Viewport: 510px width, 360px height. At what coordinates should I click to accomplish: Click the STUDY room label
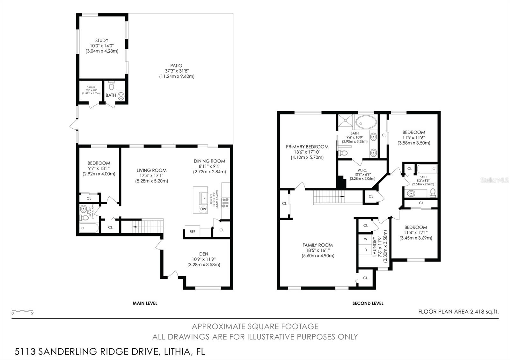[x=102, y=40]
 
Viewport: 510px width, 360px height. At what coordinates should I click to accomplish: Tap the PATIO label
[x=176, y=66]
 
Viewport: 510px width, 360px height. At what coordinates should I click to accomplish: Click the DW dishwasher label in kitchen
[x=203, y=209]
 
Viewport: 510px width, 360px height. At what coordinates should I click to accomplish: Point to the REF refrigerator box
[x=193, y=232]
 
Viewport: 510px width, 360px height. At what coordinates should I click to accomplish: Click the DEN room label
[x=203, y=254]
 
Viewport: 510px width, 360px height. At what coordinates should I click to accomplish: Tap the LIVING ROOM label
[x=151, y=170]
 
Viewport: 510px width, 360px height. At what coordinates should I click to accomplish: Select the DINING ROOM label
[x=209, y=161]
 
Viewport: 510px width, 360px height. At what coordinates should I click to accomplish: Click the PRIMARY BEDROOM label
[x=307, y=147]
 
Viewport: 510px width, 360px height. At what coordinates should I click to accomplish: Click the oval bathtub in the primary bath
[x=366, y=122]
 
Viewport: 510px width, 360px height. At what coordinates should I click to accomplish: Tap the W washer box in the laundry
[x=366, y=239]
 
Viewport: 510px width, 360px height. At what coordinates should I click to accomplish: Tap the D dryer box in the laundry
[x=366, y=250]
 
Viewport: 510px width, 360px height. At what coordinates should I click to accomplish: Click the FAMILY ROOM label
[x=317, y=245]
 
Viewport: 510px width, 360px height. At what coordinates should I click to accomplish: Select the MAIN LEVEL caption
[x=145, y=303]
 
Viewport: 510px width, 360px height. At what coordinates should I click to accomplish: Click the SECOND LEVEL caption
[x=368, y=303]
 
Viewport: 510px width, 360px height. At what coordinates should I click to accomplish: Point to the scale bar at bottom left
[x=22, y=311]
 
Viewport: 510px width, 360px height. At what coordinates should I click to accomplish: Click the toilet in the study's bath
[x=111, y=86]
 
